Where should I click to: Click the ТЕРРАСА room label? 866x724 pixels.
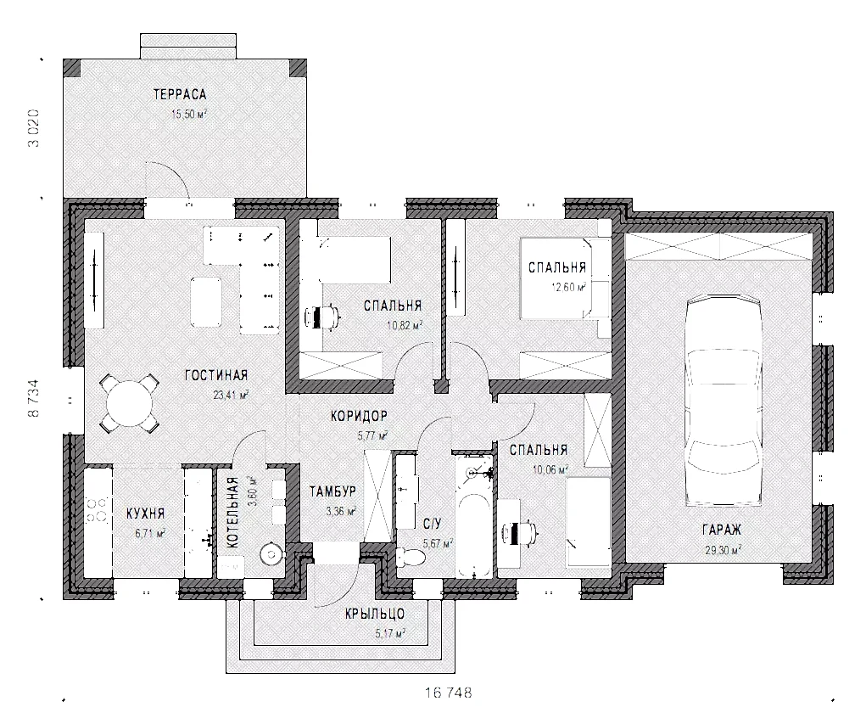[x=180, y=94]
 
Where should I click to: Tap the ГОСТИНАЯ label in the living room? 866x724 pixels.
[x=216, y=375]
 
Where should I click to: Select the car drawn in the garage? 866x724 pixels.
[x=723, y=401]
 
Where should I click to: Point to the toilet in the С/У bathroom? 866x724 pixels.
[x=411, y=557]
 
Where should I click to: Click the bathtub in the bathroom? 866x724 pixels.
[x=474, y=517]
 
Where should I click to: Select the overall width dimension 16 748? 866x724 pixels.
[x=449, y=693]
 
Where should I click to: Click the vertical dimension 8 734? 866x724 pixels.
[x=34, y=398]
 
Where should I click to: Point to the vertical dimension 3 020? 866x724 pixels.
[x=34, y=127]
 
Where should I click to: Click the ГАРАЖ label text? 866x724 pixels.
[x=722, y=530]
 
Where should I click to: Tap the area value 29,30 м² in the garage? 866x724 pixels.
[x=722, y=550]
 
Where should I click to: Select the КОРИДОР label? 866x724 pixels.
[x=359, y=416]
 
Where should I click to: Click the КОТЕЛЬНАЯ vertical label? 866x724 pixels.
[x=232, y=513]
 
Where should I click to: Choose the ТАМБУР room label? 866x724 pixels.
[x=332, y=491]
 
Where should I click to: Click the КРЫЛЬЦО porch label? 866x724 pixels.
[x=375, y=614]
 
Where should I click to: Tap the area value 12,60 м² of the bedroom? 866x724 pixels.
[x=568, y=287]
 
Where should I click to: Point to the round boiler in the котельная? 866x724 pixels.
[x=271, y=553]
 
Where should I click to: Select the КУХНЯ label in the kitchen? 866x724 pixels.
[x=146, y=513]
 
